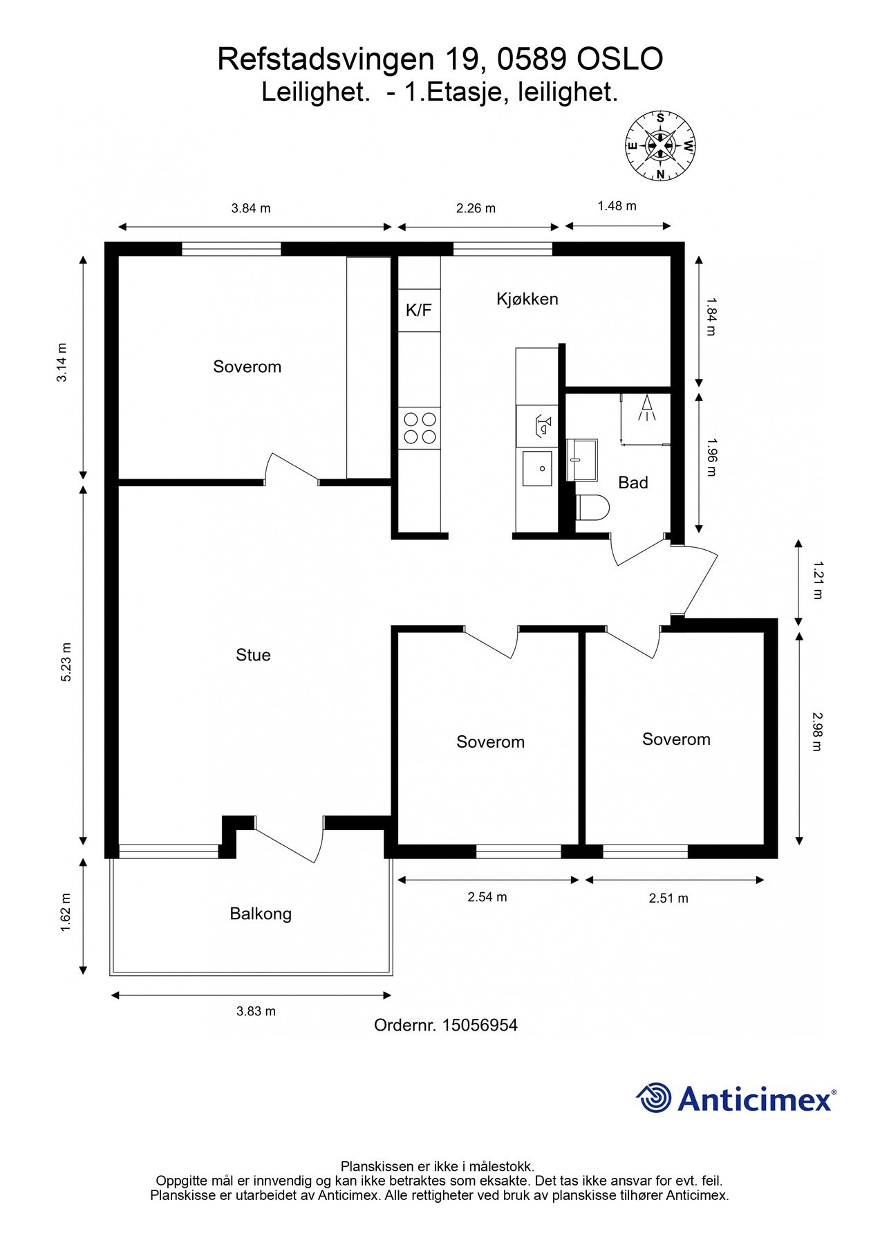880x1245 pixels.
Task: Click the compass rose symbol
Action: click(660, 146)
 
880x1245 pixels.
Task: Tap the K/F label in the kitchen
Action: click(418, 310)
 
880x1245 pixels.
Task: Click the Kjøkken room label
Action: click(527, 299)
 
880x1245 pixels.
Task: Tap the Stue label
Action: click(253, 655)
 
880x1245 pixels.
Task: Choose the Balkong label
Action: click(261, 914)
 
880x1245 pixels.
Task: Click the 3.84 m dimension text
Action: click(251, 208)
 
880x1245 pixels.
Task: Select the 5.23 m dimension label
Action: click(66, 663)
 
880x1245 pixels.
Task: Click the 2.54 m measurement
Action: click(487, 897)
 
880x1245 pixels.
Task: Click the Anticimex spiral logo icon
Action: click(654, 1098)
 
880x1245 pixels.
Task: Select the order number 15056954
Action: click(480, 1025)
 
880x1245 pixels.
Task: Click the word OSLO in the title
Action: click(619, 59)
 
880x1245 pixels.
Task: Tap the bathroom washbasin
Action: click(581, 459)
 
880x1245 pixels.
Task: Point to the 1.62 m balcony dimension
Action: click(66, 913)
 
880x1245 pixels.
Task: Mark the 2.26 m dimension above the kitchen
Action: click(476, 208)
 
